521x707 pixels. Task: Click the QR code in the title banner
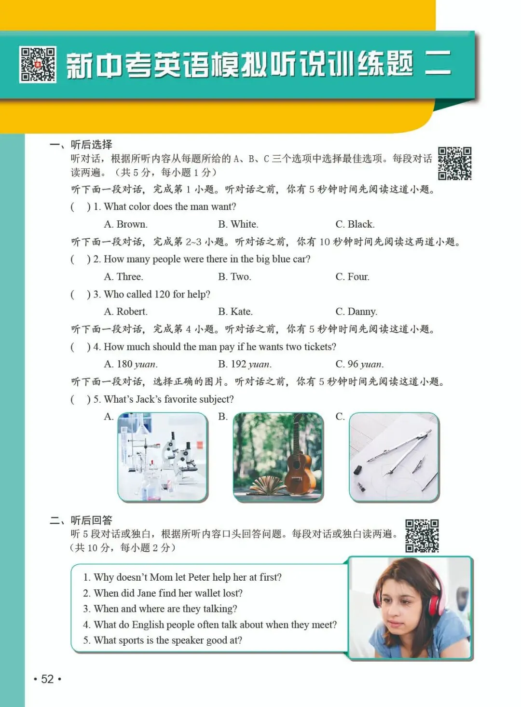pos(38,65)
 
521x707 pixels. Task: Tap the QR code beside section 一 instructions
pos(454,163)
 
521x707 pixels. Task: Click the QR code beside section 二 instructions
pos(422,536)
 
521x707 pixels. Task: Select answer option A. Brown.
pos(126,224)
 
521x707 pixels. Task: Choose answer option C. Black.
pos(355,224)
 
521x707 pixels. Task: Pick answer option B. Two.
pos(234,277)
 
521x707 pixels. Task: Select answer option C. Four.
pos(352,277)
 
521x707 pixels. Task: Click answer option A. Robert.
pos(126,312)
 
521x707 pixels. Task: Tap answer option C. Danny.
pos(356,312)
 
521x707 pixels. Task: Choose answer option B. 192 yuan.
pos(245,364)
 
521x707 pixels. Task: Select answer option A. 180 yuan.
pos(131,364)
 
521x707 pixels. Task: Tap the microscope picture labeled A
pos(163,457)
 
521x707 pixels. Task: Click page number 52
pos(47,679)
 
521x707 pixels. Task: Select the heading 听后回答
pos(91,520)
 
